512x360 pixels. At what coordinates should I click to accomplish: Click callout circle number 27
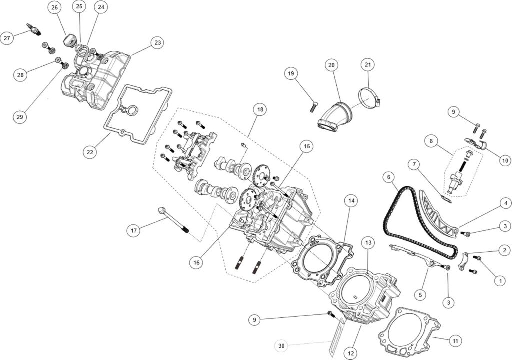click(7, 38)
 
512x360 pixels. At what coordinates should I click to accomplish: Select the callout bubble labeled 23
click(158, 43)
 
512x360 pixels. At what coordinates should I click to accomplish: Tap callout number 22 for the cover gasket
click(90, 152)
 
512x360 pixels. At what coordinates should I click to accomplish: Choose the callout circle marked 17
click(133, 231)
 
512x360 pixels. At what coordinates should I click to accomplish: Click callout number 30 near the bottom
click(281, 345)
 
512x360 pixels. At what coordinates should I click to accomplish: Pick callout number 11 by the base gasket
click(455, 342)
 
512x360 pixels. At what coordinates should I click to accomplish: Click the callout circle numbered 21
click(368, 65)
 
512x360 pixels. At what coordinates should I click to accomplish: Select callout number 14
click(351, 201)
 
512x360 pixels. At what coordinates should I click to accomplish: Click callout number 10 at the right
click(504, 161)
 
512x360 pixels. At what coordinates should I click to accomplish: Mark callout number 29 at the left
click(20, 117)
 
